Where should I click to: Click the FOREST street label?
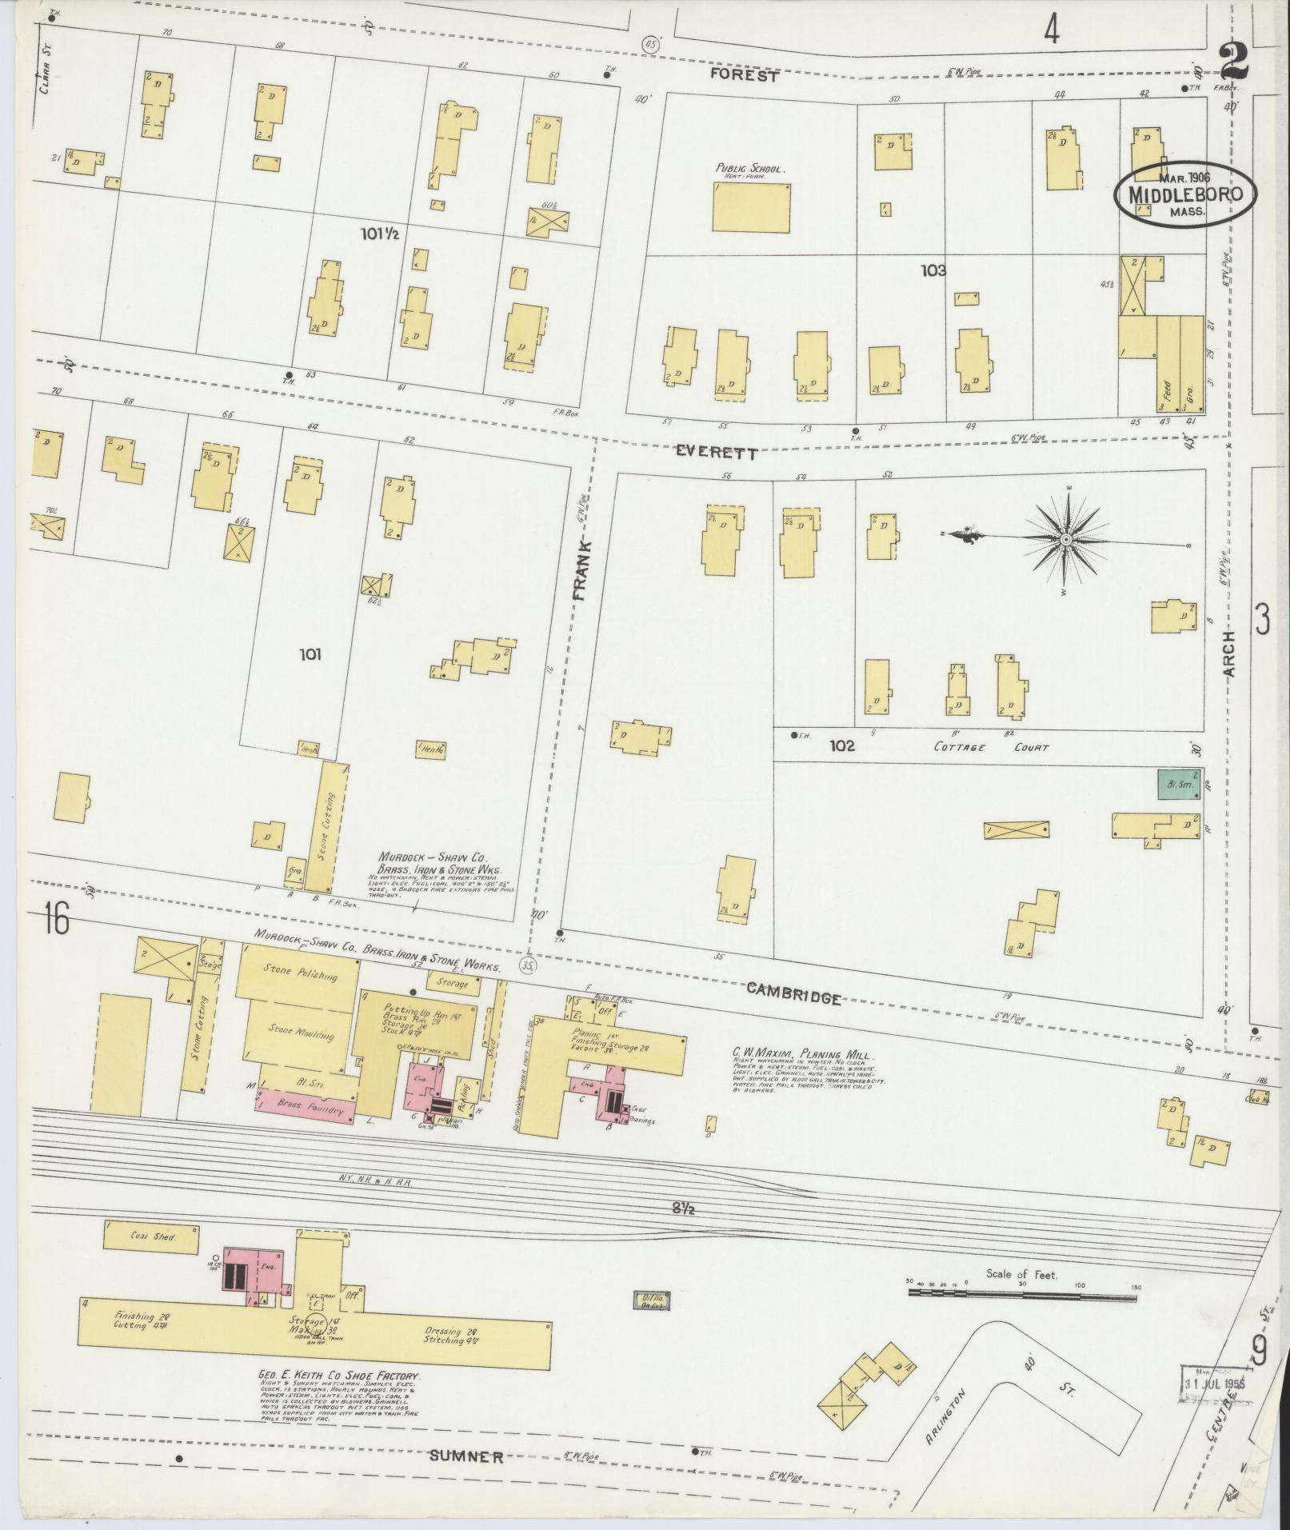click(745, 76)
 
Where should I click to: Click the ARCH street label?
click(1228, 654)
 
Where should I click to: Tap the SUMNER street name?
click(466, 1456)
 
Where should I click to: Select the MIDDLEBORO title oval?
click(1186, 194)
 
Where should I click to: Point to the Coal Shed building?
click(151, 1236)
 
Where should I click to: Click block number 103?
click(933, 270)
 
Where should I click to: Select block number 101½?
click(379, 234)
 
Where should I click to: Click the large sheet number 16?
click(57, 920)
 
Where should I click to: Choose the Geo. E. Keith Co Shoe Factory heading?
click(341, 1376)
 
